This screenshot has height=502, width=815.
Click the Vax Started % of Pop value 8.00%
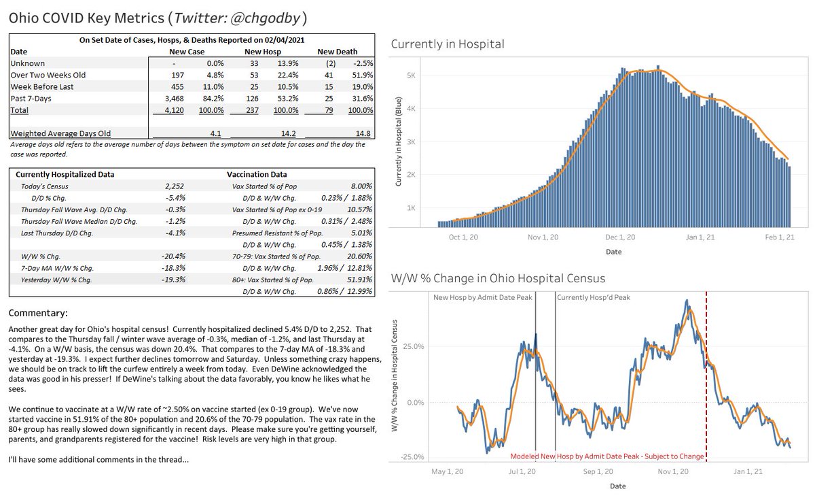pos(360,186)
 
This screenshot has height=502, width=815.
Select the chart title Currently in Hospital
pos(448,45)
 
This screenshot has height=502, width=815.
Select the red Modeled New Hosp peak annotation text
pos(606,456)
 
